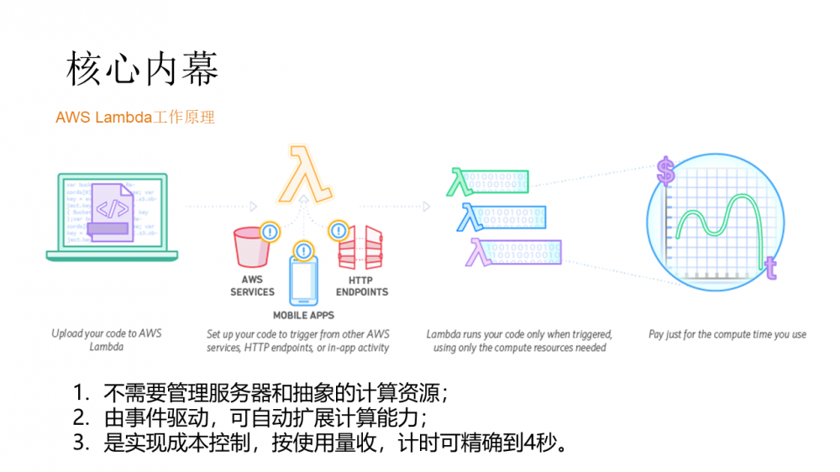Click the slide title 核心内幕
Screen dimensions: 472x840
pos(142,71)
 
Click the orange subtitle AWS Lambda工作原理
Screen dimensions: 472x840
pos(135,118)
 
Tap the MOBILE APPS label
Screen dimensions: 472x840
pos(303,316)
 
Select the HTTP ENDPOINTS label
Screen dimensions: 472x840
pos(362,286)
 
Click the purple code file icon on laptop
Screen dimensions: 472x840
pos(112,212)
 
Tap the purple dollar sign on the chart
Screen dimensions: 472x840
pos(666,172)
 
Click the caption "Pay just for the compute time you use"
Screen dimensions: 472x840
pos(727,334)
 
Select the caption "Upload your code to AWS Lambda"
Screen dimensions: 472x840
pos(107,340)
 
